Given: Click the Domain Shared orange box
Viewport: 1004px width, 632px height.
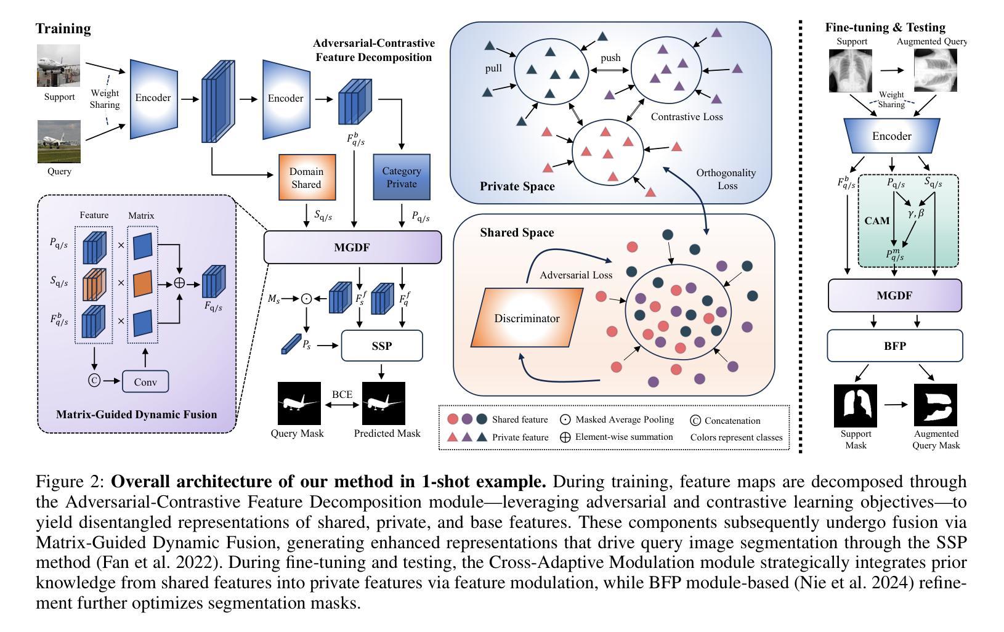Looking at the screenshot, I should pyautogui.click(x=306, y=177).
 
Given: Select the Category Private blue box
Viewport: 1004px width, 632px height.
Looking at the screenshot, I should pyautogui.click(x=402, y=177).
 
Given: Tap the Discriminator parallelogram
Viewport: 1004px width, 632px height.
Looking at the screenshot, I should pyautogui.click(x=527, y=318).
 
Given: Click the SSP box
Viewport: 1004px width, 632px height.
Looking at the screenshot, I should pyautogui.click(x=382, y=346).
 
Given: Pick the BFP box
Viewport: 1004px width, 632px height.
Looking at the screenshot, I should pyautogui.click(x=894, y=346).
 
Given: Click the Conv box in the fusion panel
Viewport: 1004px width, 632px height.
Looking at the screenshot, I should pyautogui.click(x=145, y=382).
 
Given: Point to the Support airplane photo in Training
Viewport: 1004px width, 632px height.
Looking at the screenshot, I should pyautogui.click(x=59, y=66).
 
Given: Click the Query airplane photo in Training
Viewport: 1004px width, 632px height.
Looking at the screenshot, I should pyautogui.click(x=59, y=142).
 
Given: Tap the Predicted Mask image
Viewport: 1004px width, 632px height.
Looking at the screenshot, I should pyautogui.click(x=384, y=403).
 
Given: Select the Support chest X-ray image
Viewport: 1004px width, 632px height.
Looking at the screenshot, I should pyautogui.click(x=852, y=71).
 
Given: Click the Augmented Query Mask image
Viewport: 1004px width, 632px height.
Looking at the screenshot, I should pyautogui.click(x=936, y=405).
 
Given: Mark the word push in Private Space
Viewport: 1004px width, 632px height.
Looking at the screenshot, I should pyautogui.click(x=610, y=58).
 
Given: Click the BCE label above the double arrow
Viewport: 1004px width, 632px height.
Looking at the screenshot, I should pyautogui.click(x=342, y=394).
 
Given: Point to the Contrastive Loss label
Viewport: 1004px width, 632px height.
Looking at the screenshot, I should pyautogui.click(x=687, y=116).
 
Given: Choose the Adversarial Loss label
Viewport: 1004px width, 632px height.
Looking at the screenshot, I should pyautogui.click(x=576, y=275).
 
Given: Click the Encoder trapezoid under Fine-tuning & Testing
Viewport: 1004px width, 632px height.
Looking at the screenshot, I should pyautogui.click(x=891, y=136).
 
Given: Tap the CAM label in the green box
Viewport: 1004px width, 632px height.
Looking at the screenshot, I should pyautogui.click(x=876, y=220).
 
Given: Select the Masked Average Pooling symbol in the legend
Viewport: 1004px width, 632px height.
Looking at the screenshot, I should pyautogui.click(x=565, y=419).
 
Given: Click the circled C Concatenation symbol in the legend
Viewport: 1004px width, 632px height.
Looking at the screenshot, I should pyautogui.click(x=695, y=421).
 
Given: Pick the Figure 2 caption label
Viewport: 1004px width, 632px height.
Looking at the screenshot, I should pyautogui.click(x=71, y=481).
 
